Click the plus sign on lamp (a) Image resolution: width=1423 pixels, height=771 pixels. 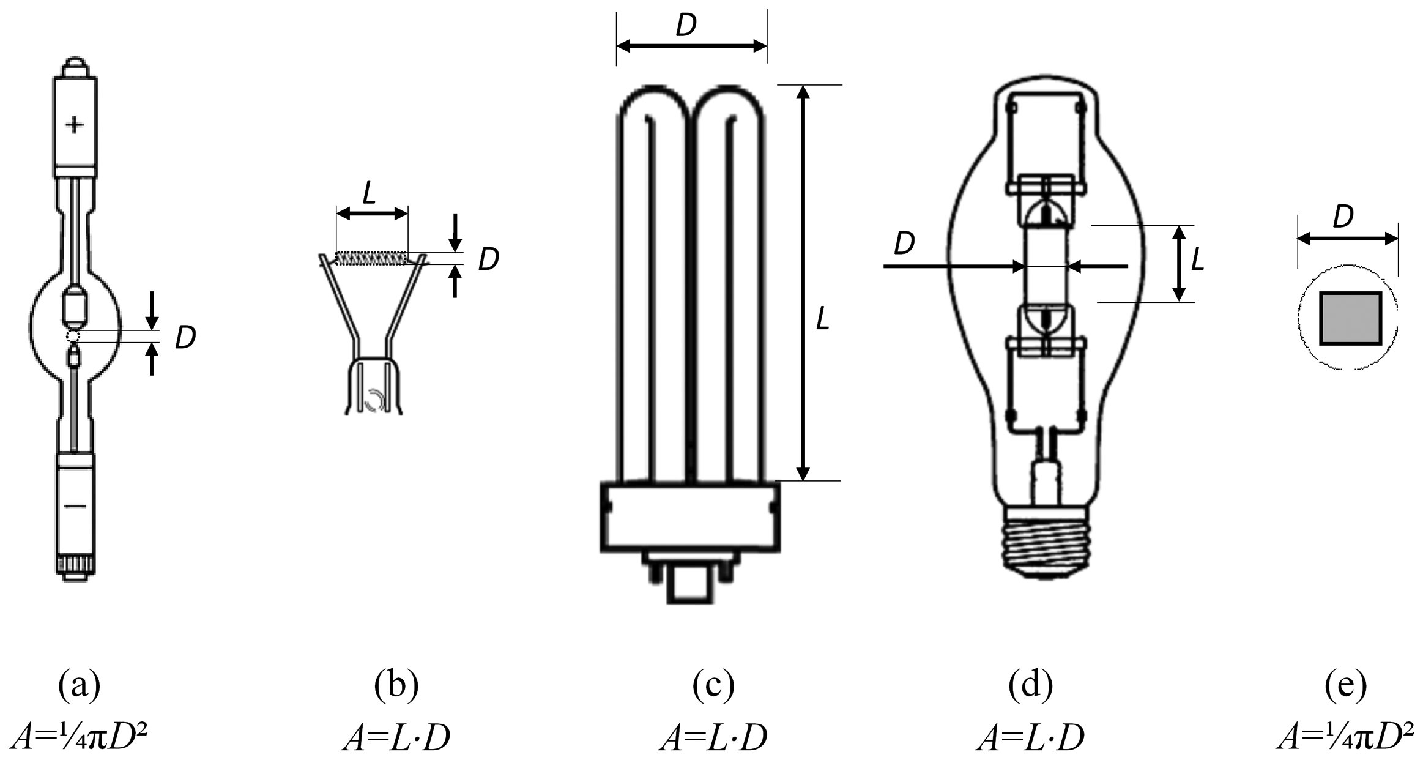coord(75,125)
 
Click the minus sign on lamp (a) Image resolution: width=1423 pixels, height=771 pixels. coord(75,505)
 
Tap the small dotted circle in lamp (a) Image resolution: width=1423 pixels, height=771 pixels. coord(73,337)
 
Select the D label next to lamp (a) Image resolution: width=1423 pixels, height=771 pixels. coord(185,338)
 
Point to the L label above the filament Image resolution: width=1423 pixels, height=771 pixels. coord(369,193)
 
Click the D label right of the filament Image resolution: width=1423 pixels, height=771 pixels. coord(488,260)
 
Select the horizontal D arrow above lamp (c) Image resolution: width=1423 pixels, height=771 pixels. coord(691,45)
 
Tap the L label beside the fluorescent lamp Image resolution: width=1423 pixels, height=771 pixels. coord(823,319)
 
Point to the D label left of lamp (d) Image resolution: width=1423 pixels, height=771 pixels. coord(904,244)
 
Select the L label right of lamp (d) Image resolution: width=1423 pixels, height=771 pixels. coord(1198,260)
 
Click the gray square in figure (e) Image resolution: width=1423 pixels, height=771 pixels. coord(1350,318)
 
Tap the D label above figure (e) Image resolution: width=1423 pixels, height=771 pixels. coord(1343,217)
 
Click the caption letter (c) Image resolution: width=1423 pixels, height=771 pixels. coord(713,686)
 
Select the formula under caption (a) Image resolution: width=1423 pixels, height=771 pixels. coord(80,738)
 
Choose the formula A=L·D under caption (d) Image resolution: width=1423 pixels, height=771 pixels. coord(1030,738)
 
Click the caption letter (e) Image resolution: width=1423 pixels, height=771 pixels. coord(1345,686)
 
